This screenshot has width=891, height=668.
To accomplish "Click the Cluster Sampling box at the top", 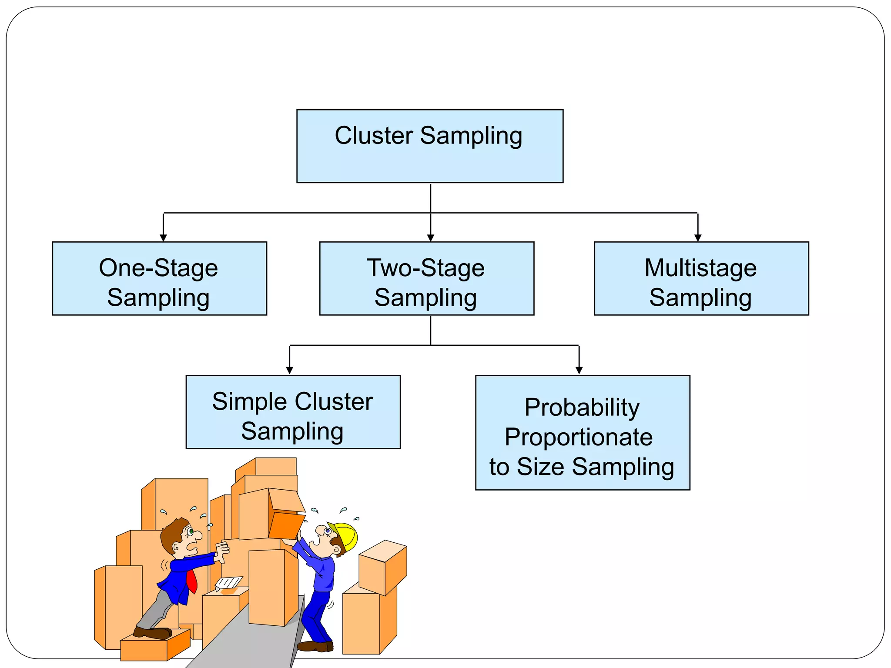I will (429, 146).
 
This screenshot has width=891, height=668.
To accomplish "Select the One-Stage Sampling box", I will (159, 278).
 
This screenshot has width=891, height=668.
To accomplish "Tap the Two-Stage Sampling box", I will (426, 278).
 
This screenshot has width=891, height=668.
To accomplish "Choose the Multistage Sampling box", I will (701, 278).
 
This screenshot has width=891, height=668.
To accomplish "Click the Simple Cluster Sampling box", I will (293, 412).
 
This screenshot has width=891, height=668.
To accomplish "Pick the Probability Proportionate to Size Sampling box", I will (582, 433).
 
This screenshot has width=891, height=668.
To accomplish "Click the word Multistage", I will (700, 268).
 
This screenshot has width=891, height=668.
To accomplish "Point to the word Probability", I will (582, 407).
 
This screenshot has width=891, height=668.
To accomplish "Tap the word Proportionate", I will (578, 437).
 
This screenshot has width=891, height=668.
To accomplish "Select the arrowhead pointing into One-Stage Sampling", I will (163, 237).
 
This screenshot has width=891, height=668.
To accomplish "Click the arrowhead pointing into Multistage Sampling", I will (698, 237).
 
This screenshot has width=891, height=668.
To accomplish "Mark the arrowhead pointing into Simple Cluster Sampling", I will (289, 370).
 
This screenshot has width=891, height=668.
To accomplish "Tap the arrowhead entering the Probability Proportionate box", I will (579, 370).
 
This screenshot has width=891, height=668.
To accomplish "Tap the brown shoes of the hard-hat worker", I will (316, 646).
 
